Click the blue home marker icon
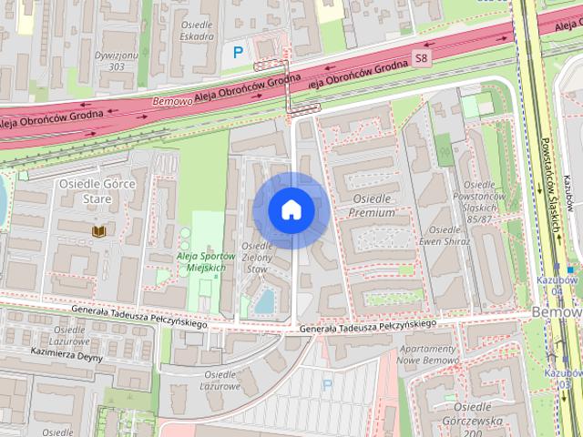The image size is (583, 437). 291,210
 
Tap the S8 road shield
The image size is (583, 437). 421,57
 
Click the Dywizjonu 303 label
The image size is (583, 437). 116,59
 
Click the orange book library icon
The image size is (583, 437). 98,232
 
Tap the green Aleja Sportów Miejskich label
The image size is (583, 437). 200,262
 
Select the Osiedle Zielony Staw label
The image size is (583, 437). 258,258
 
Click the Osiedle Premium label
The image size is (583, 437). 372,205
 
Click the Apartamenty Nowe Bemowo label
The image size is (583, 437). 428,356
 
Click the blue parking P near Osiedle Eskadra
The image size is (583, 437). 238,53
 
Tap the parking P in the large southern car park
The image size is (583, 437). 327,385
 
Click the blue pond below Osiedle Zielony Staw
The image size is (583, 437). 265,300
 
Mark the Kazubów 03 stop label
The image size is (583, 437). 563,379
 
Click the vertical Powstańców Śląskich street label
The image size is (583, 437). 550,187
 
